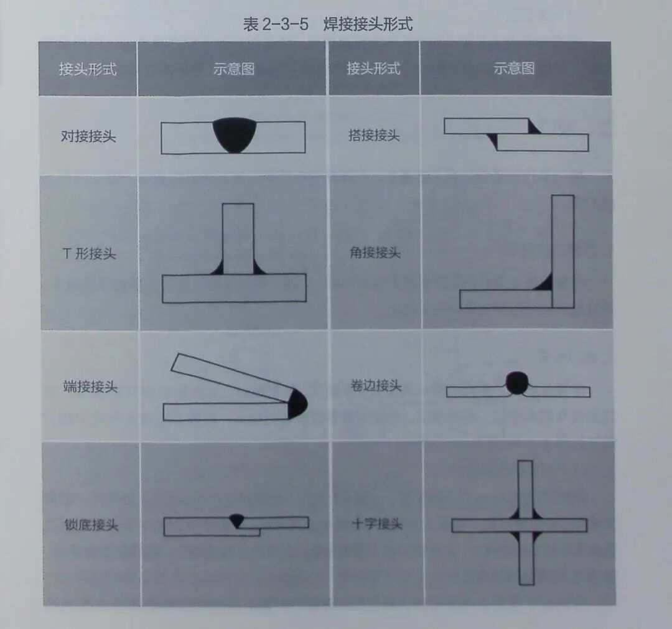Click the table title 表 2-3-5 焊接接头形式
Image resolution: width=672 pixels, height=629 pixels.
328,24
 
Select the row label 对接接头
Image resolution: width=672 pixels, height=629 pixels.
88,136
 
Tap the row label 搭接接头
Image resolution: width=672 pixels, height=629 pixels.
374,136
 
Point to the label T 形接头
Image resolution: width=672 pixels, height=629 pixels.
89,254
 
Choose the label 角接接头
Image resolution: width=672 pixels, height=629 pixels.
375,253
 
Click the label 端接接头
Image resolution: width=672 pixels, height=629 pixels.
90,386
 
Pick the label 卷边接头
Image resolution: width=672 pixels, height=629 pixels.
376,385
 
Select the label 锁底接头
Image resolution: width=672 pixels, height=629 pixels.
91,524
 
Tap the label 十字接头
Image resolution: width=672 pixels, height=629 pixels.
377,523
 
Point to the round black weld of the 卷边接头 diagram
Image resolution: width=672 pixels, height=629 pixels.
517,383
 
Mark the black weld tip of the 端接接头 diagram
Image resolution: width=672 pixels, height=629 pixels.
297,403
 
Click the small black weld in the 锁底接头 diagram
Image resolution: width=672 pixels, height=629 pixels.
236,520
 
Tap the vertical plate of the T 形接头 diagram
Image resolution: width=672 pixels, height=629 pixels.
238,239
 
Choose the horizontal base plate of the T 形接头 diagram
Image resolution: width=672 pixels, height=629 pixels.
234,288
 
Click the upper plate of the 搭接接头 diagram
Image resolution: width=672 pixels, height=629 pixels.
487,126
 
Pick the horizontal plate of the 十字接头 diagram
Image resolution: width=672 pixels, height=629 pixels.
520,525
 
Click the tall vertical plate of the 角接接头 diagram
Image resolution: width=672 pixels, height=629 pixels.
562,251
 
